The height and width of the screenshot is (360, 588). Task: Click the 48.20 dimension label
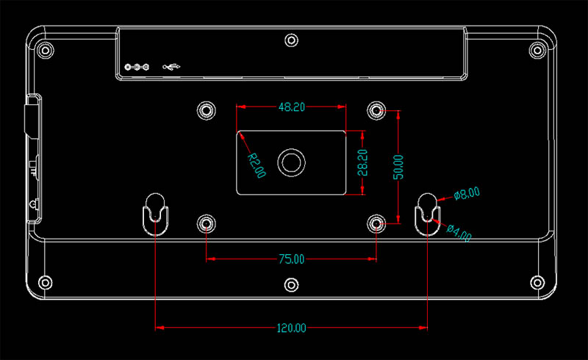[292, 107]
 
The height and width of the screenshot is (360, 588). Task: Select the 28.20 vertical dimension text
[362, 162]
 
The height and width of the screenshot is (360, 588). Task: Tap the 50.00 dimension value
[398, 167]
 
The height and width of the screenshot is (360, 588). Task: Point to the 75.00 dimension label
[291, 259]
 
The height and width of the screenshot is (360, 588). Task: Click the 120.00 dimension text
[291, 328]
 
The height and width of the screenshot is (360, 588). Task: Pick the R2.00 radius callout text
[257, 165]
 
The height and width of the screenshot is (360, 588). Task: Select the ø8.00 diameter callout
[467, 193]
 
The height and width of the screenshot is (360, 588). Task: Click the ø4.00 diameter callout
[459, 233]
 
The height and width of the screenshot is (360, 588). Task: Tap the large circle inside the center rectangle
[291, 149]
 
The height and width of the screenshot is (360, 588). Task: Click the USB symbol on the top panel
[171, 67]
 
